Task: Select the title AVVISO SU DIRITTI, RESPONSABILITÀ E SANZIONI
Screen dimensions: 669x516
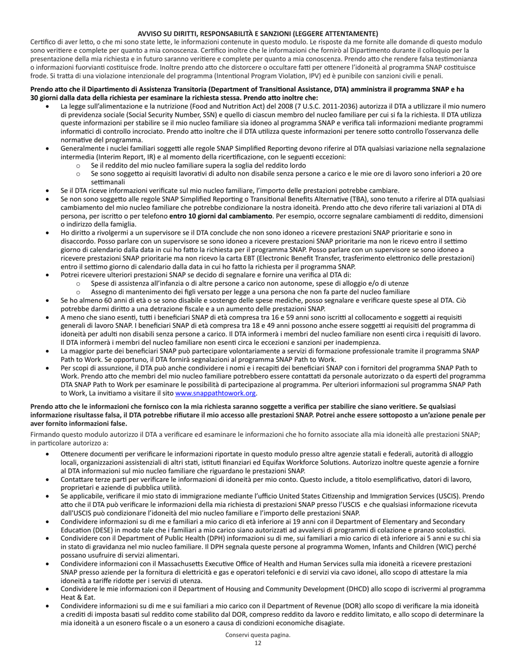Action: pyautogui.click(x=257, y=34)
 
